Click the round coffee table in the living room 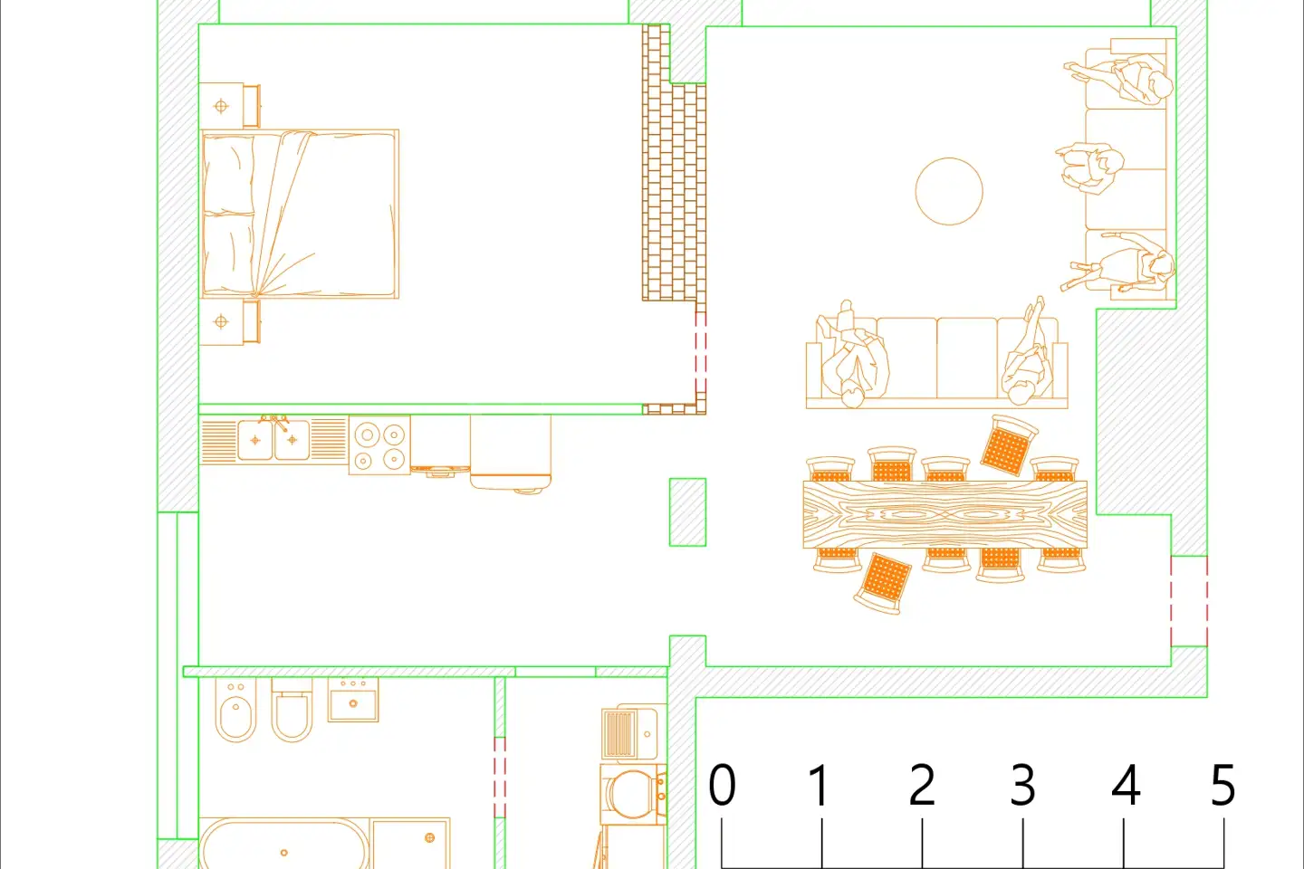[x=948, y=191]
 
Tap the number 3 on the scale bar [x=1022, y=785]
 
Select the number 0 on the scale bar [x=722, y=785]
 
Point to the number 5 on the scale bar [x=1222, y=785]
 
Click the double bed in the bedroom [x=300, y=215]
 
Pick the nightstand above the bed [x=223, y=106]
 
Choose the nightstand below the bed [x=223, y=322]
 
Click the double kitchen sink [x=273, y=440]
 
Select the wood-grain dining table [x=944, y=514]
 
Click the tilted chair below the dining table [x=882, y=582]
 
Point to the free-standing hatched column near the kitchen [x=687, y=512]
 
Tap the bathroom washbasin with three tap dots [x=353, y=700]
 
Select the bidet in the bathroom [x=235, y=711]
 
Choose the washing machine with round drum [x=633, y=795]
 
